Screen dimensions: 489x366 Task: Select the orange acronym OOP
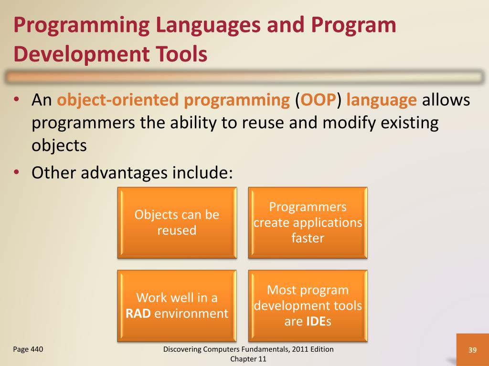click(319, 100)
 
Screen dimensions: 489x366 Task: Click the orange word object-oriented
click(117, 100)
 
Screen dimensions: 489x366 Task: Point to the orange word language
click(382, 101)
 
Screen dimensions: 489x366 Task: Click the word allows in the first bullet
click(446, 100)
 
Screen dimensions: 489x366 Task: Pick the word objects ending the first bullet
click(59, 146)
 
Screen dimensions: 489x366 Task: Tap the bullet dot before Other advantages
click(17, 172)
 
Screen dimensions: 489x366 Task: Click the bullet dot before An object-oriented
click(17, 100)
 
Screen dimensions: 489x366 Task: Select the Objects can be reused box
click(177, 223)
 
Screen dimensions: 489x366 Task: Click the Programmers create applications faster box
click(308, 223)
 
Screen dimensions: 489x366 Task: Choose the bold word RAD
click(138, 314)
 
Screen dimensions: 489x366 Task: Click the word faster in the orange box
click(308, 238)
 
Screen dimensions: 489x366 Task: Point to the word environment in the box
click(191, 314)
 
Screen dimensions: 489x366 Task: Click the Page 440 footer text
click(28, 349)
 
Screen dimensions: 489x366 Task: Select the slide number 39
click(472, 350)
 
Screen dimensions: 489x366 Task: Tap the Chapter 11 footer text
click(248, 359)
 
